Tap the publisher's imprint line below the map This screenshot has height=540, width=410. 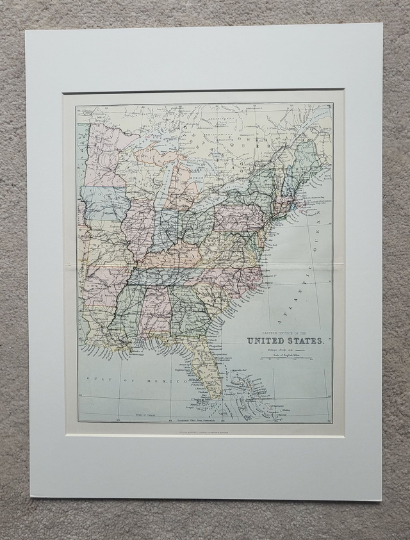(x=205, y=441)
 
